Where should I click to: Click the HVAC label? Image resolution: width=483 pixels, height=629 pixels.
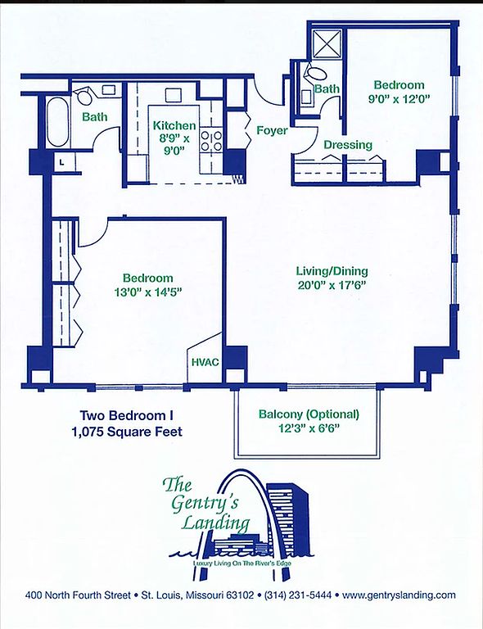(x=205, y=362)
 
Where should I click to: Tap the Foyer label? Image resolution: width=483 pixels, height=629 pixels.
(x=272, y=130)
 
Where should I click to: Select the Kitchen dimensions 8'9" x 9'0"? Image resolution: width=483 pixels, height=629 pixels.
(x=174, y=144)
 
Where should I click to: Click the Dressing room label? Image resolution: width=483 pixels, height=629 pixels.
(x=348, y=145)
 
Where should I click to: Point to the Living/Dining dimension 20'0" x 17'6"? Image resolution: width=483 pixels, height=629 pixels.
(x=332, y=285)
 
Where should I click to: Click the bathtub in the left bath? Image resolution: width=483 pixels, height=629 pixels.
(x=58, y=122)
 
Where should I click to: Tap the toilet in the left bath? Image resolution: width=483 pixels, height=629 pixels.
(x=84, y=97)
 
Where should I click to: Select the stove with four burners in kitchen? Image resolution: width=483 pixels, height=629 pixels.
(x=211, y=140)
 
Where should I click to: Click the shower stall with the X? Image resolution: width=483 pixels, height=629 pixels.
(x=327, y=43)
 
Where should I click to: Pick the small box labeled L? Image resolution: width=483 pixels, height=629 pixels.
(x=64, y=163)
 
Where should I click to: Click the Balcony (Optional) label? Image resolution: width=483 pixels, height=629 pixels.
(x=309, y=414)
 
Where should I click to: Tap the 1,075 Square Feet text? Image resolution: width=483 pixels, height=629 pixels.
(x=127, y=432)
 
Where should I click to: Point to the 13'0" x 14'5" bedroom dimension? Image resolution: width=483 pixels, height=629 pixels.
(x=148, y=292)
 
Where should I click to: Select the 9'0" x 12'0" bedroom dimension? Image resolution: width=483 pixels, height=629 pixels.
(x=399, y=98)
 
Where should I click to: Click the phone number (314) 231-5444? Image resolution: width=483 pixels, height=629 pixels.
(x=298, y=595)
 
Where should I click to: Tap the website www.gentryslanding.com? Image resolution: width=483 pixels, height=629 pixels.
(x=399, y=595)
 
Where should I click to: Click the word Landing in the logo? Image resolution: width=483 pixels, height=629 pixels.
(x=215, y=523)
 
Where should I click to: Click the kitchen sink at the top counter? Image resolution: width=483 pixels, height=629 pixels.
(x=174, y=96)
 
